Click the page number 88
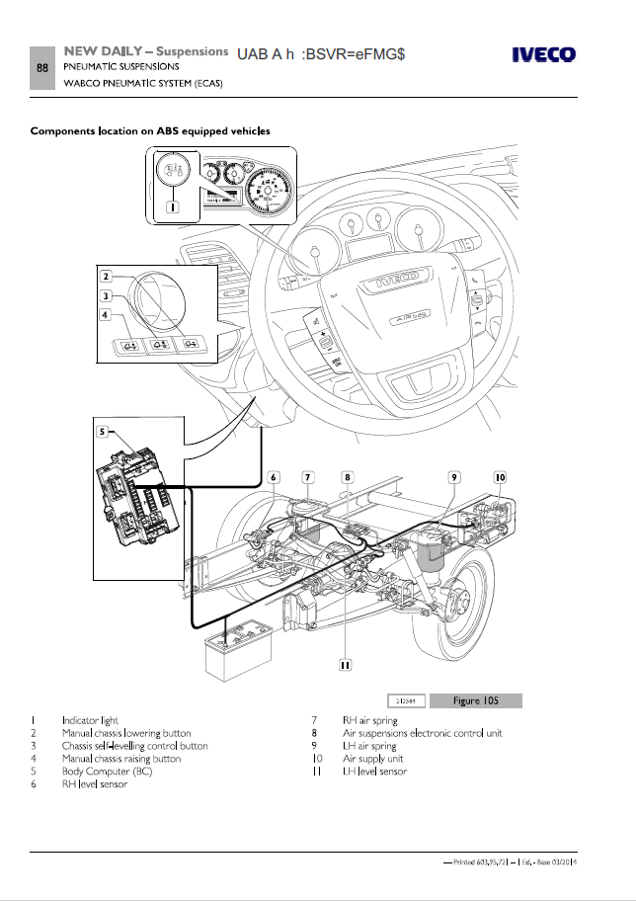42,67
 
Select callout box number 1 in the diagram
174,207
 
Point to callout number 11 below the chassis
345,664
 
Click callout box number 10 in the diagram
501,477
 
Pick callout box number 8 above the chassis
348,477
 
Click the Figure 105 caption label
475,700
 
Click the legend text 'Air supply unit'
372,759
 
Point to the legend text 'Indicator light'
90,720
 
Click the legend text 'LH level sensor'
374,772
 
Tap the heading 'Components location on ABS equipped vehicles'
151,130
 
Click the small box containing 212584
406,700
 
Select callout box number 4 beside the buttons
104,315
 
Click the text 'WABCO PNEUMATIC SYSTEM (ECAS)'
142,82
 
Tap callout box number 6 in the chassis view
275,477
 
